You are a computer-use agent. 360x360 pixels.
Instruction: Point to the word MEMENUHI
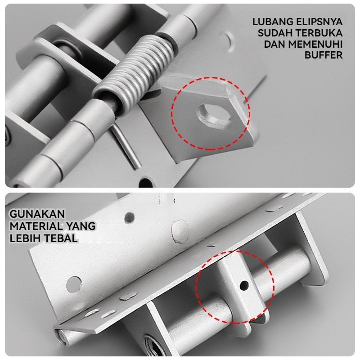[x=315, y=44]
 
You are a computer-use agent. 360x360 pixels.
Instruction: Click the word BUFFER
[x=324, y=55]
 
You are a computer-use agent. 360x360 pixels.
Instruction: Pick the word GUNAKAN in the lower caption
[x=37, y=214]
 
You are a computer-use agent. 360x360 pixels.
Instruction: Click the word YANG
[x=81, y=226]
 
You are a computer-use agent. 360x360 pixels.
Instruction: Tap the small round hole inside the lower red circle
[x=244, y=285]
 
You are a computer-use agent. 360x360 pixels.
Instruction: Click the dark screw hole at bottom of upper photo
[x=146, y=182]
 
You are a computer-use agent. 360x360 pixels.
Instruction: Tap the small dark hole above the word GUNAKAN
[x=130, y=217]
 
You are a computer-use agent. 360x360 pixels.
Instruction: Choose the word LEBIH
[x=25, y=238]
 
